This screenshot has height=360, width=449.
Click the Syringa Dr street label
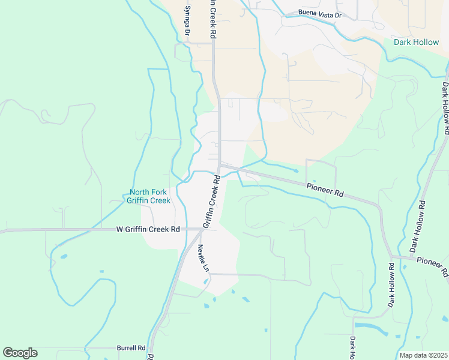point(187,19)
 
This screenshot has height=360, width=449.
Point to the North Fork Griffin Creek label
point(149,197)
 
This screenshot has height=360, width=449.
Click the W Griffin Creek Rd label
point(149,229)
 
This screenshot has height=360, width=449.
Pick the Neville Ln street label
point(203,257)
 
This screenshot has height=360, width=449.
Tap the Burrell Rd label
point(131,347)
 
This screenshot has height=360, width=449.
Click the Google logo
point(20,353)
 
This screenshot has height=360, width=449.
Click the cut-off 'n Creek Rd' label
point(212,19)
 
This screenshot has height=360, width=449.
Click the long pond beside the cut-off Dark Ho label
point(371,327)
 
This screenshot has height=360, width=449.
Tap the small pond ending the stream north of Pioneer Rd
point(295,171)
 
